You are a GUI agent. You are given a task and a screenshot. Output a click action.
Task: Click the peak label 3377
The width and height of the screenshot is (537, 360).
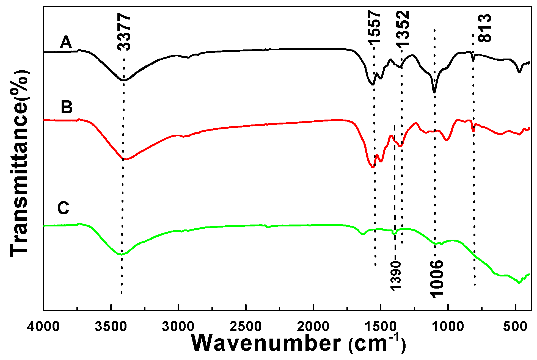pos(124,32)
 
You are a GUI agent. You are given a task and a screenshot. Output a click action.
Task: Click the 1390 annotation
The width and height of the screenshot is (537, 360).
pos(396,275)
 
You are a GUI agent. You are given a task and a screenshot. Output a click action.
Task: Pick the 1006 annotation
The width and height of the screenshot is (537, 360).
pos(436,278)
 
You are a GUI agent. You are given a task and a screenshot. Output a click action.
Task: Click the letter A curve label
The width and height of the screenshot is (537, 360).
pos(66,43)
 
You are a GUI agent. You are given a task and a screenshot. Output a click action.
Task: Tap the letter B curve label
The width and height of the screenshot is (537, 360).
pos(67,107)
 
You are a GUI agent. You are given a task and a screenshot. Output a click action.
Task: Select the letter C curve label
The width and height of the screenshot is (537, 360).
pos(63,208)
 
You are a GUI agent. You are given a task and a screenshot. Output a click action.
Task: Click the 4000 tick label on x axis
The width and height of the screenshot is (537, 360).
pos(43,327)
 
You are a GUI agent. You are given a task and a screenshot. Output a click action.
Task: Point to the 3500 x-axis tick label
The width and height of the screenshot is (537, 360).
pos(111,327)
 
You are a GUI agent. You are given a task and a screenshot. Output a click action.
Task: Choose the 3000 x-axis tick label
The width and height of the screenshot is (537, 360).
pos(178,327)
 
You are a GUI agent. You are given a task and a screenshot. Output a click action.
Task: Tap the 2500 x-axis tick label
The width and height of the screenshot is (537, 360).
pos(246,327)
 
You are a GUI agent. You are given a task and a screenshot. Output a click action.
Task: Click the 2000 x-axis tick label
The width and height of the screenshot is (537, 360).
pos(313,327)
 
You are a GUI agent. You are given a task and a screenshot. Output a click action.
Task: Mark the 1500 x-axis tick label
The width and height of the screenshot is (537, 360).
pos(381,327)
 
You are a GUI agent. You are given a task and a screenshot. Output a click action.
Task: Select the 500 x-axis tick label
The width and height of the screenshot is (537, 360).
pos(515,327)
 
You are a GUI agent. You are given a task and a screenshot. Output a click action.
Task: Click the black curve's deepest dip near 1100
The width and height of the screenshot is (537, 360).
pos(434,92)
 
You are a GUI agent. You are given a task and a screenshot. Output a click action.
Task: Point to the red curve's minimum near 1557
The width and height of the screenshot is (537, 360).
pos(373,167)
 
